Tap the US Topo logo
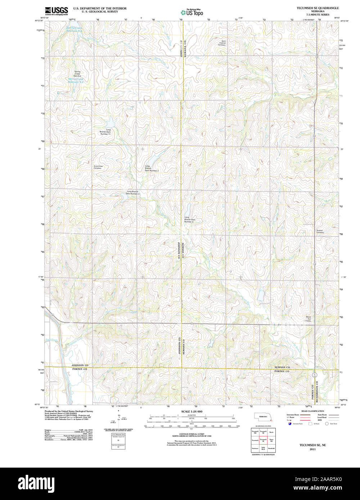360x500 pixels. (x=192, y=12)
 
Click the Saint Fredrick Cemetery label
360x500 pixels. (x=221, y=43)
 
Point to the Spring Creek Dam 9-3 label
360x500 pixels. (x=77, y=73)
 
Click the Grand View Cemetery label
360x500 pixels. (x=98, y=167)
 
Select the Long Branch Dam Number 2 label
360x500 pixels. (x=152, y=168)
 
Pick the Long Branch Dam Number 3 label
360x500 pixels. (x=132, y=192)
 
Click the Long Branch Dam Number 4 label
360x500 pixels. (x=189, y=220)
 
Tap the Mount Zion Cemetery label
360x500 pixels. (x=309, y=319)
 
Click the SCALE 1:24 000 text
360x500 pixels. (x=192, y=412)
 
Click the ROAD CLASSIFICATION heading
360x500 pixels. (x=312, y=411)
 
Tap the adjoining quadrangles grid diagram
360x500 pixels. (x=263, y=440)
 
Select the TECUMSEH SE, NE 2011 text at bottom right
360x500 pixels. (x=312, y=447)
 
